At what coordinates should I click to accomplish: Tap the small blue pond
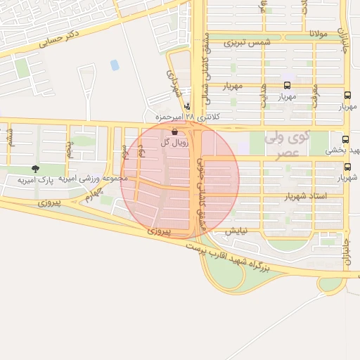click(115, 65)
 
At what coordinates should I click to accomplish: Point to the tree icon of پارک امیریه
click(35, 169)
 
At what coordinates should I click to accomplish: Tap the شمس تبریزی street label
click(247, 42)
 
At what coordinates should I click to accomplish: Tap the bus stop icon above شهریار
click(348, 167)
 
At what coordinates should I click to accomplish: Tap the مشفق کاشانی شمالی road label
click(203, 56)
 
